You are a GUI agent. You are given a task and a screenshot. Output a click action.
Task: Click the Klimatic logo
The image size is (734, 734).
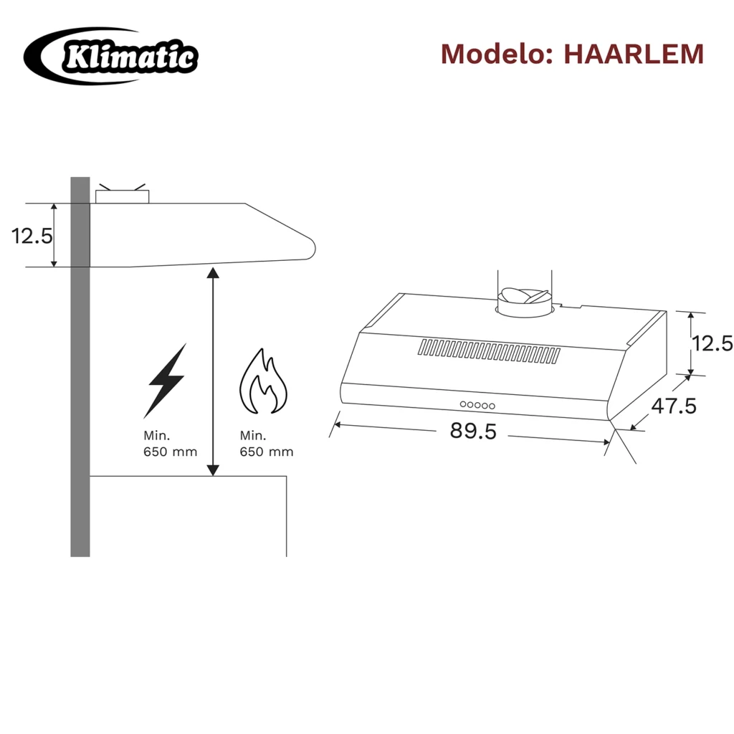pyautogui.click(x=111, y=56)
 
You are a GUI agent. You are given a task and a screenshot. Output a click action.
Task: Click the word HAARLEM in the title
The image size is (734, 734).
pyautogui.click(x=634, y=54)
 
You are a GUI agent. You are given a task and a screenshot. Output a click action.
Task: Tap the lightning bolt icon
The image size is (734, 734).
pyautogui.click(x=166, y=380)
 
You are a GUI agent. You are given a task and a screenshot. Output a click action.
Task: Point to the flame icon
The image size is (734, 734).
pyautogui.click(x=264, y=381)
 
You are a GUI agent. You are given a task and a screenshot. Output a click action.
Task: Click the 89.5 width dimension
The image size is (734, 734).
pyautogui.click(x=473, y=431)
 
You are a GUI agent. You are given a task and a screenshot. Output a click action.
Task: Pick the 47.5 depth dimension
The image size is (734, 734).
pyautogui.click(x=674, y=406)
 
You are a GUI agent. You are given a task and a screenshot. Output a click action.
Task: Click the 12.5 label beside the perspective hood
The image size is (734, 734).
pyautogui.click(x=712, y=343)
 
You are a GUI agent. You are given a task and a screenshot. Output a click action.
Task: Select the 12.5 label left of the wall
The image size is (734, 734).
pyautogui.click(x=32, y=236)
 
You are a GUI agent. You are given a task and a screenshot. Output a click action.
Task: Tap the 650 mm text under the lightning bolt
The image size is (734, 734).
pyautogui.click(x=171, y=452)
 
